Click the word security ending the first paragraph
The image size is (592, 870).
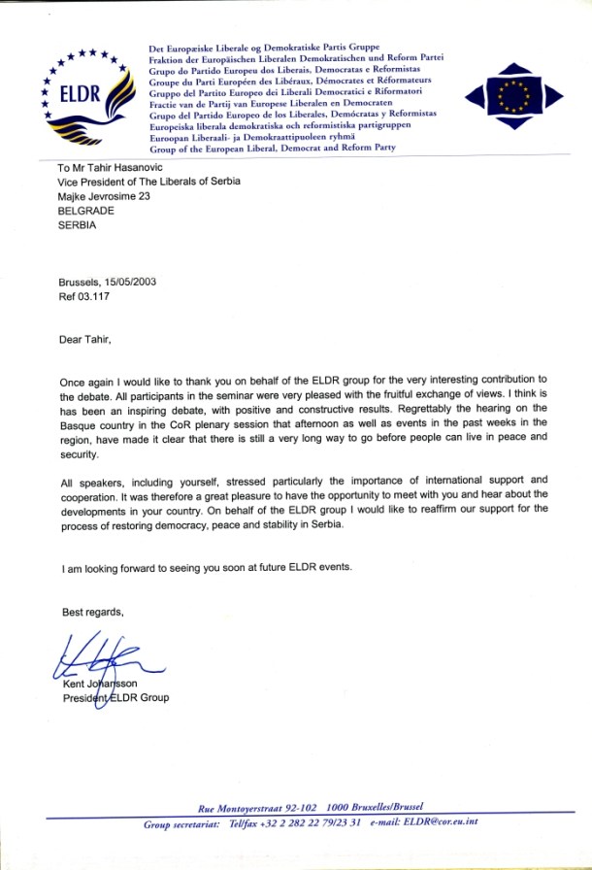pyautogui.click(x=80, y=453)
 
